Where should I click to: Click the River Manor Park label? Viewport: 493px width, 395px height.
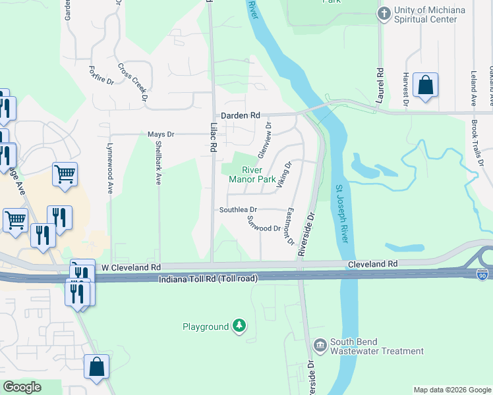(252, 173)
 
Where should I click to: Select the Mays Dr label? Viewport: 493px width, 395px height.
(160, 134)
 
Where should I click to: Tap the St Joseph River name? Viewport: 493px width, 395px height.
(342, 212)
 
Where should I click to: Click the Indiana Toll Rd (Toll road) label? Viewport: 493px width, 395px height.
(208, 280)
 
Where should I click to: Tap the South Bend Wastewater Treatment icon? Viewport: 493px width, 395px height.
(320, 345)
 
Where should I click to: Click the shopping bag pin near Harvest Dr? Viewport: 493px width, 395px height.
(426, 85)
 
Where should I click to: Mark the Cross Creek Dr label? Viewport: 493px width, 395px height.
(132, 82)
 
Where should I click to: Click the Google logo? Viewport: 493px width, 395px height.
(22, 387)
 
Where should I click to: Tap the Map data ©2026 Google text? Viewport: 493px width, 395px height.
(451, 390)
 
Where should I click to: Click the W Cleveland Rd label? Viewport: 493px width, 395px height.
(131, 267)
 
